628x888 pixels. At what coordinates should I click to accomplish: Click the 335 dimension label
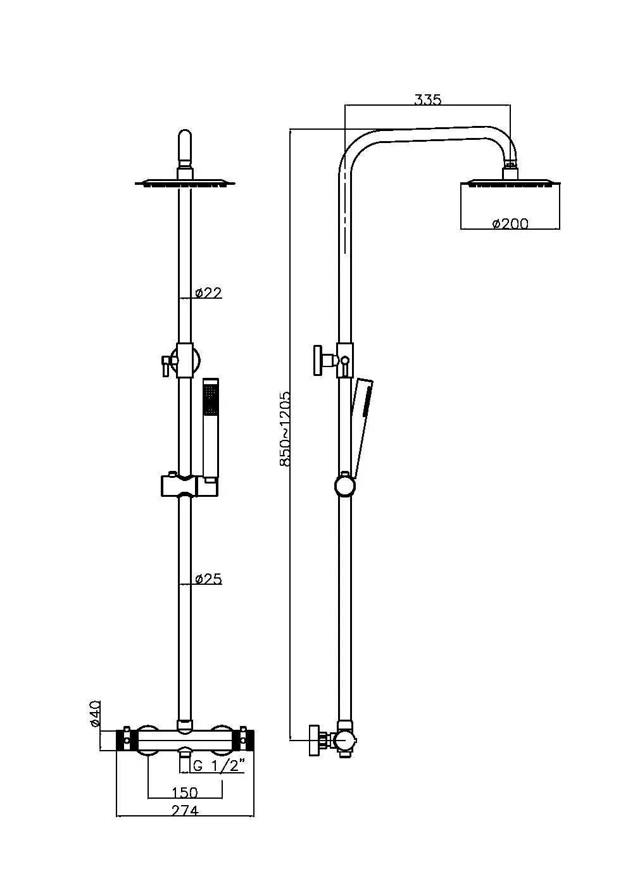[x=427, y=99]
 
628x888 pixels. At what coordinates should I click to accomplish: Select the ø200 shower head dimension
[x=510, y=223]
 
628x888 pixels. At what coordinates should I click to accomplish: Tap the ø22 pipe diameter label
[x=208, y=292]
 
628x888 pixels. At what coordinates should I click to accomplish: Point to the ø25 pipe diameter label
[x=208, y=578]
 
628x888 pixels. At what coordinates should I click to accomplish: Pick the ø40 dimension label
[x=95, y=713]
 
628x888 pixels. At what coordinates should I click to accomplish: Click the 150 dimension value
[x=184, y=792]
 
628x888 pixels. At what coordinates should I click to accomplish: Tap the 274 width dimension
[x=184, y=810]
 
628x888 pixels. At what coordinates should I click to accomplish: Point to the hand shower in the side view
[x=361, y=424]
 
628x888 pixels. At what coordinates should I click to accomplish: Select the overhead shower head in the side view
[x=510, y=184]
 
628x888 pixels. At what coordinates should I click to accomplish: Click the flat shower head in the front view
[x=184, y=184]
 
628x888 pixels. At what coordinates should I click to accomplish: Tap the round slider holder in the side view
[x=345, y=485]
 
